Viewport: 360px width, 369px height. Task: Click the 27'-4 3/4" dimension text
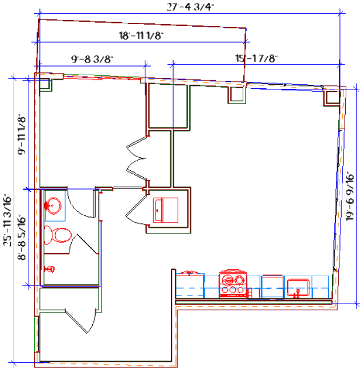coord(190,7)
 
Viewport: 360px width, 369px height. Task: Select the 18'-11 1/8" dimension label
coord(141,35)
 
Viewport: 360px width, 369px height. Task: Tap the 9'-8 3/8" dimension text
coord(91,59)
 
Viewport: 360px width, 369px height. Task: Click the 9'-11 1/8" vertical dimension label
coord(22,135)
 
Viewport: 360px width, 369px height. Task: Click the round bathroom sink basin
coord(55,206)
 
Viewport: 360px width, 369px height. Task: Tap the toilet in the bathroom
coord(58,235)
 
